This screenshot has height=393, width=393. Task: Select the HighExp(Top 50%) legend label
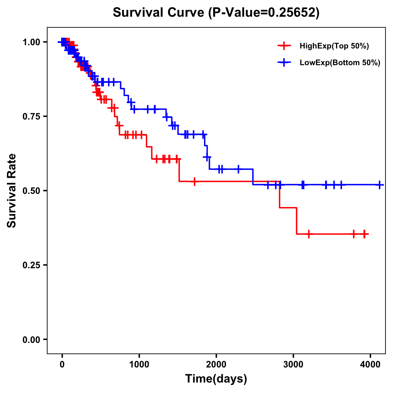coord(334,46)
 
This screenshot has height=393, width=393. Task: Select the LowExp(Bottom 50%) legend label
coord(340,63)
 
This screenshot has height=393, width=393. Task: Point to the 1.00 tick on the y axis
coord(31,42)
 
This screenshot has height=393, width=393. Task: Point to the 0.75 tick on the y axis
coord(31,116)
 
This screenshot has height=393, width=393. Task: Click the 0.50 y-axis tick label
coord(31,191)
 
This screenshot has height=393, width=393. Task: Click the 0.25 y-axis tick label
coord(31,265)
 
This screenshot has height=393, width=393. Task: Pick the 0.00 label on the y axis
coord(31,339)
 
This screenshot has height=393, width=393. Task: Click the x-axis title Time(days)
coord(216,379)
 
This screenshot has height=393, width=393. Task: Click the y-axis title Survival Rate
coord(12,191)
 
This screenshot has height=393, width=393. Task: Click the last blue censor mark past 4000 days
coord(379,185)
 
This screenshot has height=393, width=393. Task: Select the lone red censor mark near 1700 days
coord(195,181)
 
